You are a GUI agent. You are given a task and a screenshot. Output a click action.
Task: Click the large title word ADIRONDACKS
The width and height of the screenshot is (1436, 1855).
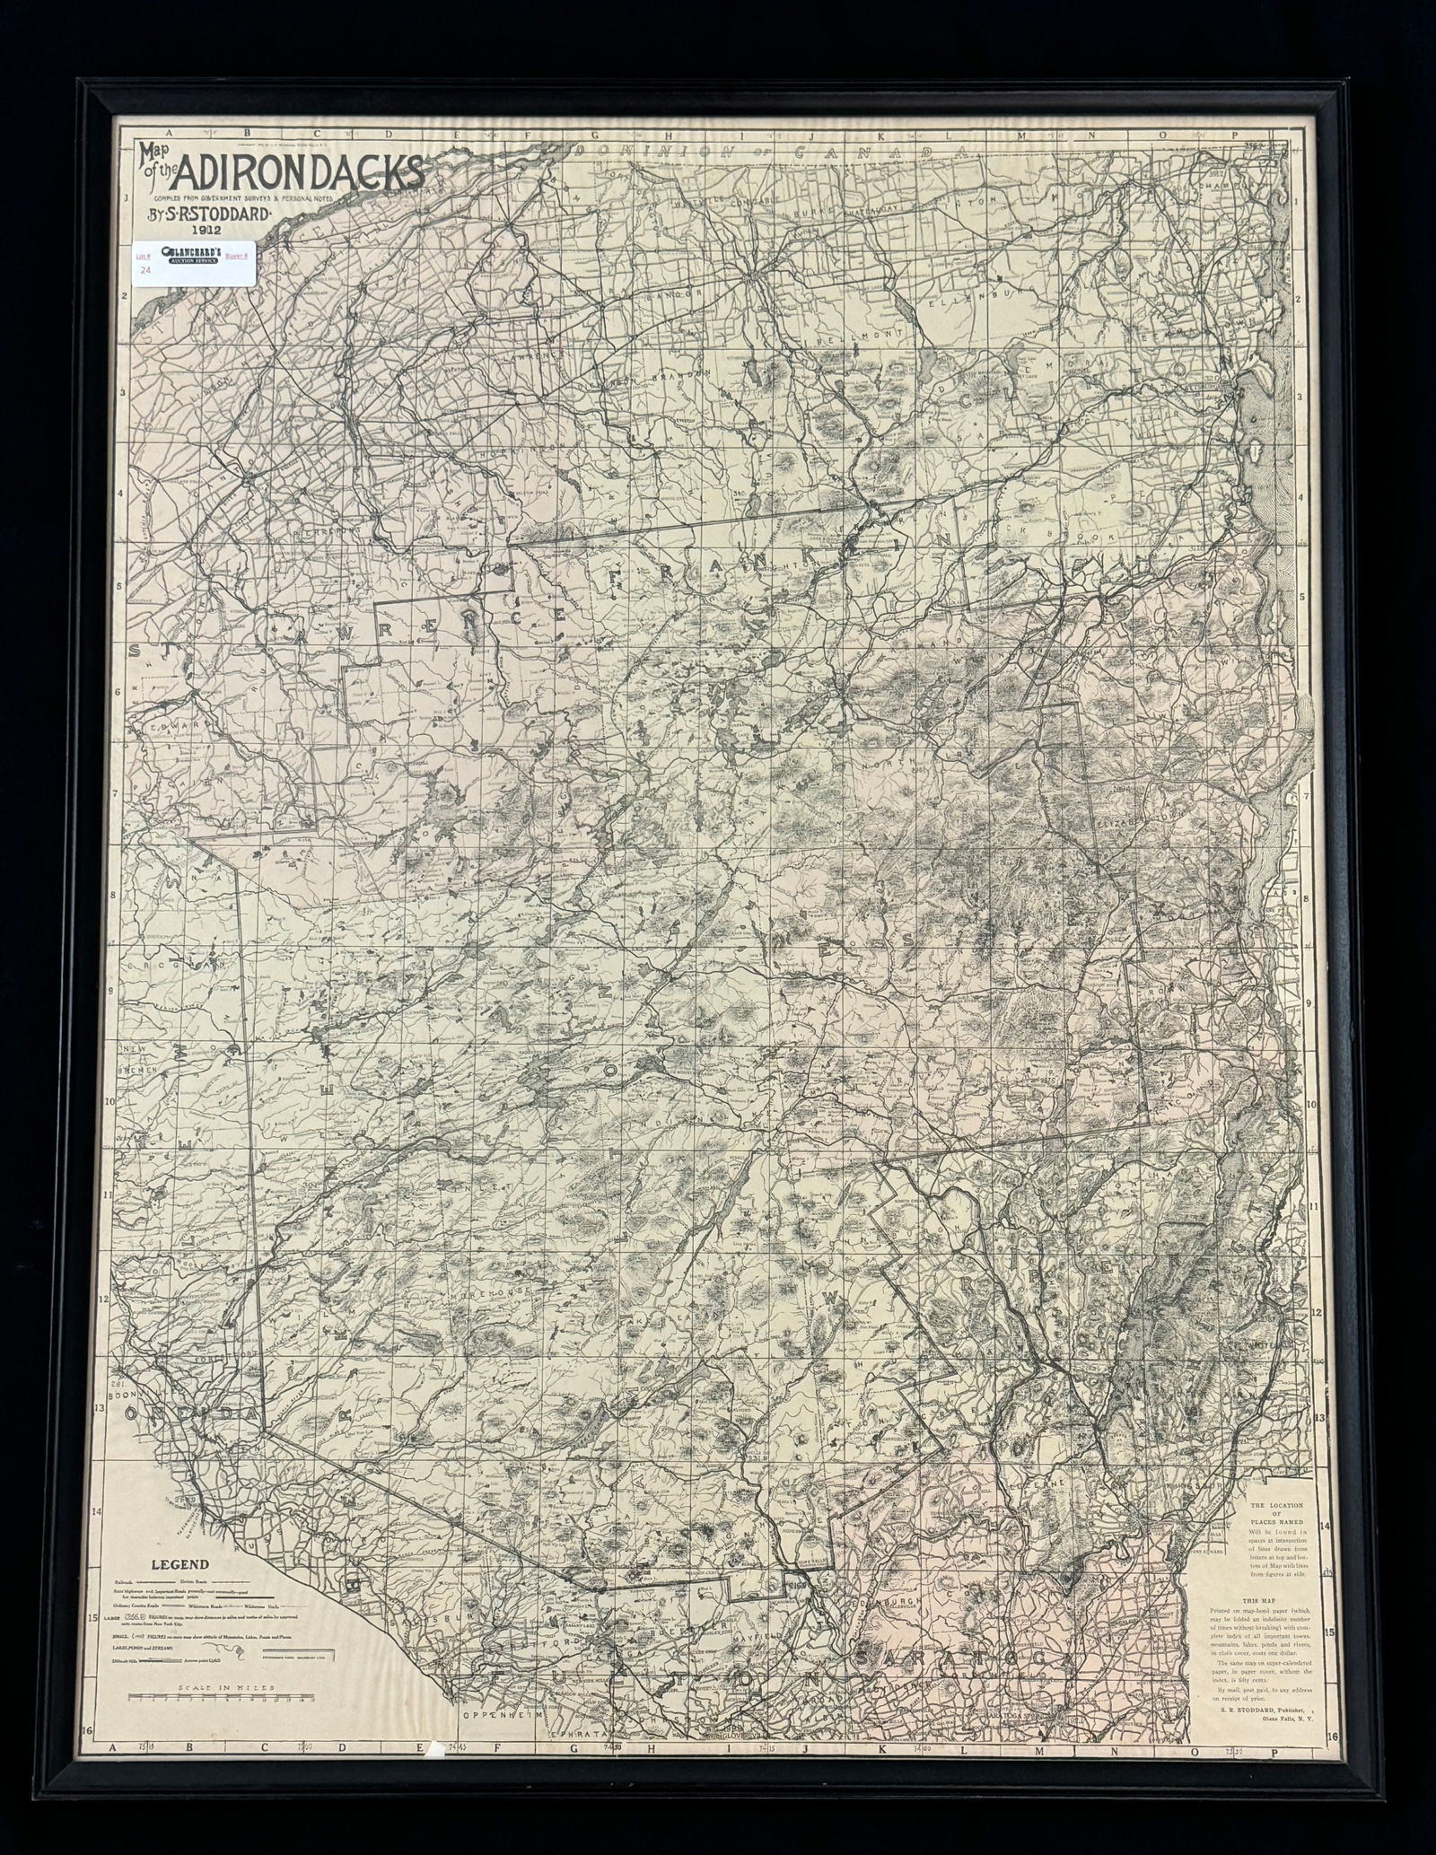click(301, 170)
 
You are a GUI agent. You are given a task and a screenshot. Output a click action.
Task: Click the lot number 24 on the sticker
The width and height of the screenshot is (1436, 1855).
click(145, 268)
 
